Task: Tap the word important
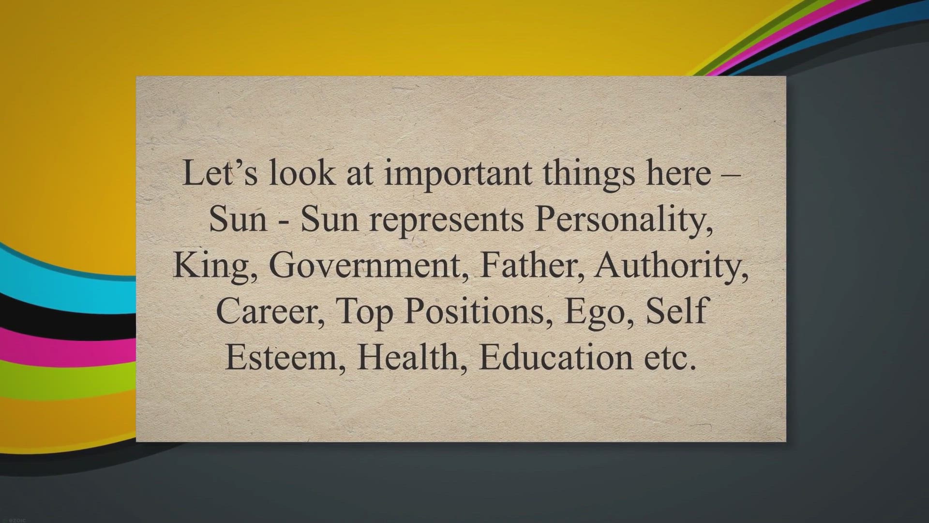[458, 173]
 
